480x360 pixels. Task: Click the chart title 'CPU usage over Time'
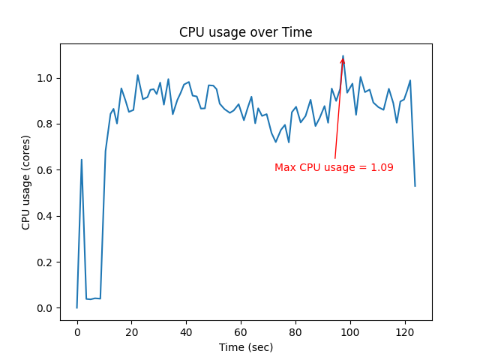click(x=245, y=32)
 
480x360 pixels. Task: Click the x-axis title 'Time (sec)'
click(x=246, y=347)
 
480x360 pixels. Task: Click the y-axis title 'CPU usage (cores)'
click(x=26, y=182)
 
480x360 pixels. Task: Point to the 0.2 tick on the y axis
click(x=46, y=262)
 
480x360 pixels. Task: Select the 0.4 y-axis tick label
click(x=46, y=216)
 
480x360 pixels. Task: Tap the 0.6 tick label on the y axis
click(x=46, y=170)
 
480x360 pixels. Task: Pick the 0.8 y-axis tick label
click(x=46, y=124)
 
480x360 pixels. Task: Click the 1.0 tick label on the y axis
click(x=46, y=78)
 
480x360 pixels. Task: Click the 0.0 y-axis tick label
click(x=46, y=308)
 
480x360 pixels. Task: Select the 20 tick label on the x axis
click(x=132, y=331)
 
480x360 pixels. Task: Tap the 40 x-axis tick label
click(x=186, y=331)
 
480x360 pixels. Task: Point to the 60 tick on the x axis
click(x=241, y=331)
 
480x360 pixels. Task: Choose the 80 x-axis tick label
click(x=295, y=331)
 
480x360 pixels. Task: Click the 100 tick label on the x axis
click(x=350, y=331)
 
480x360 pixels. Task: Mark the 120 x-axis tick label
click(x=404, y=331)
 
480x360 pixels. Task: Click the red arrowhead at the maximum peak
click(x=343, y=61)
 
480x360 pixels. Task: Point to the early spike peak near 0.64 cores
click(x=81, y=160)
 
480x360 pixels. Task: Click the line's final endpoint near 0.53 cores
click(x=415, y=186)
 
